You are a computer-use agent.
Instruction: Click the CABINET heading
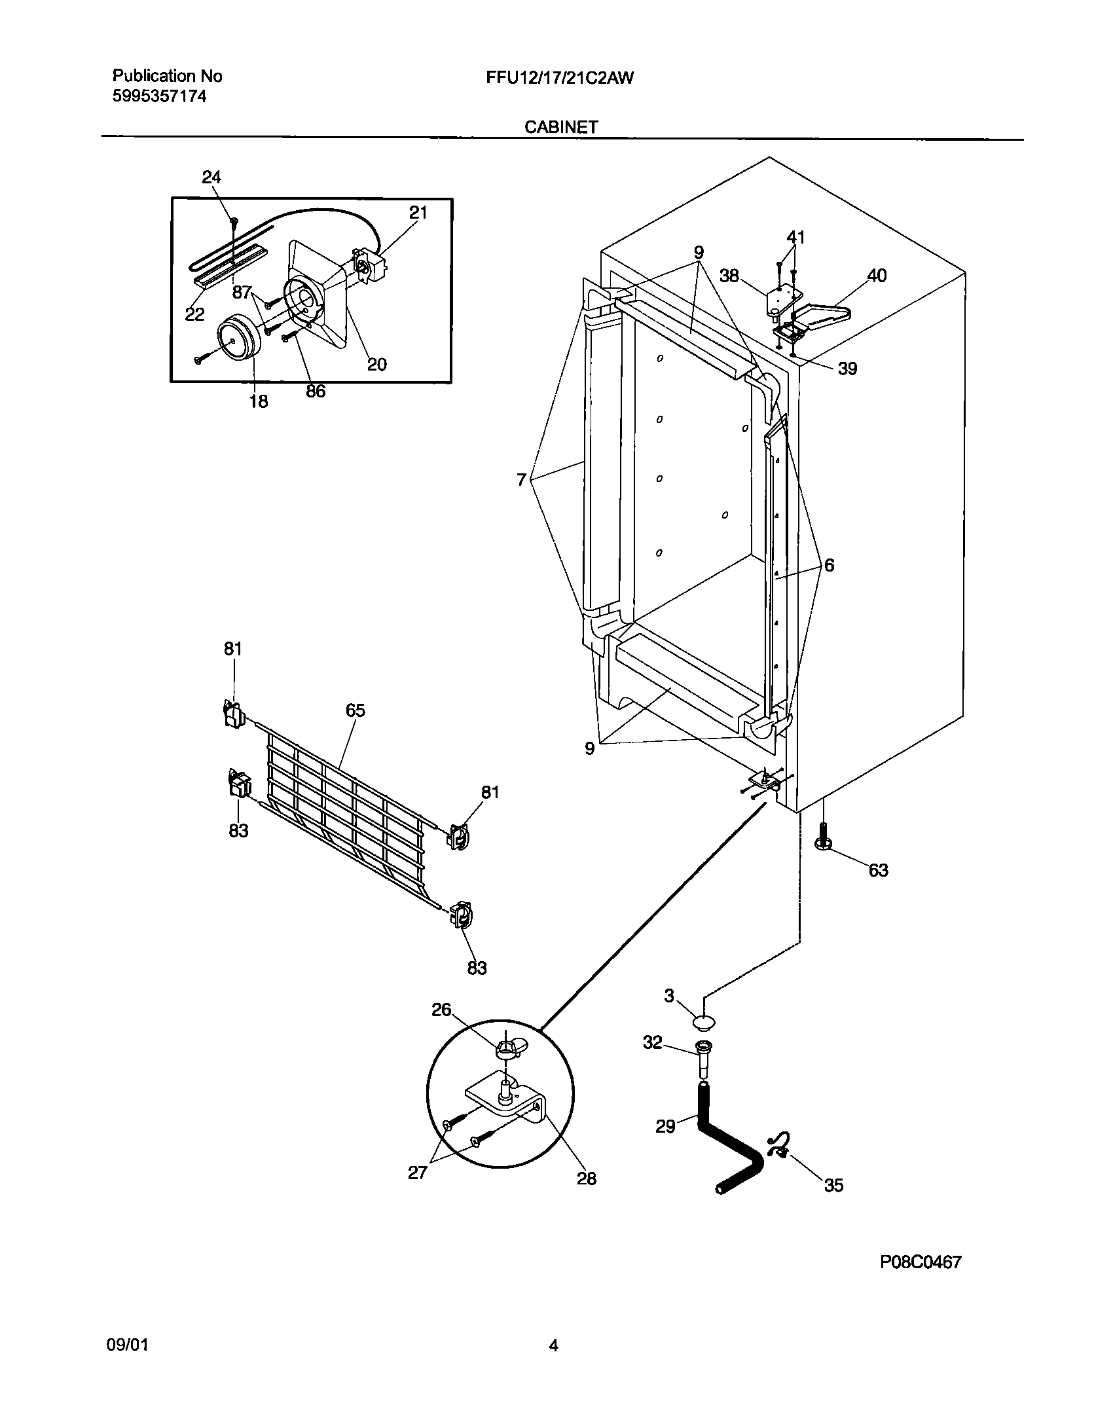click(560, 127)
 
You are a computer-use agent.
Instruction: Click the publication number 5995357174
click(159, 97)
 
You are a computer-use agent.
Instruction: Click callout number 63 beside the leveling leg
click(878, 870)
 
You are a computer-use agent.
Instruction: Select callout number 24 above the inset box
click(211, 177)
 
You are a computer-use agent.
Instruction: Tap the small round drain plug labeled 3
click(703, 1022)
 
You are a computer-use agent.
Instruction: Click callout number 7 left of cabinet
click(521, 481)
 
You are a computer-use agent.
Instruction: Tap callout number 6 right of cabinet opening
click(829, 565)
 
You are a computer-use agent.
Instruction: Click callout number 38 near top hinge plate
click(729, 276)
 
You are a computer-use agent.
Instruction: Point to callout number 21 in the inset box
click(418, 212)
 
